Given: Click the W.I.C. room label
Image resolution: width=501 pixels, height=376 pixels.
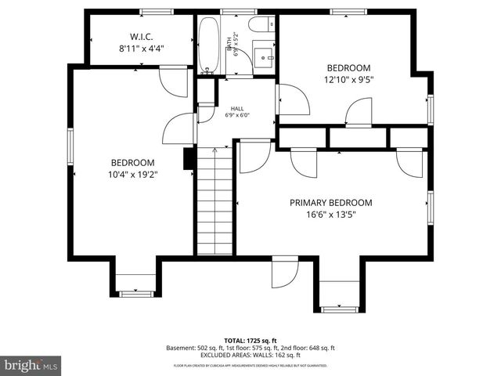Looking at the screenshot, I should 141,35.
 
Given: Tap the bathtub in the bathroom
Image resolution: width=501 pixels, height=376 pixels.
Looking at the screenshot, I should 209,45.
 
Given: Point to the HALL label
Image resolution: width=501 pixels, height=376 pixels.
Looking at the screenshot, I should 236,108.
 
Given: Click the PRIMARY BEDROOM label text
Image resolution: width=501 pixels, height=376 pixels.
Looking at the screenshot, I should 330,202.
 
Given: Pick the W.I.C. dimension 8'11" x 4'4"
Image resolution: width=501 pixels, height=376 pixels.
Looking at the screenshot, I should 141,48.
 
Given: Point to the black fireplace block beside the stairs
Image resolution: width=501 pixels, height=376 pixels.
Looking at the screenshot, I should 188,159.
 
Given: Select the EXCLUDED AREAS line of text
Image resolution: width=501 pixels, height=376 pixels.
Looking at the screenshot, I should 250,355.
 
